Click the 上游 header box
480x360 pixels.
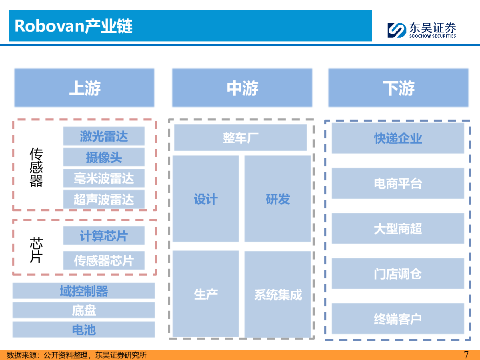tap(84, 88)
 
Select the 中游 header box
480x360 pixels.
tap(242, 88)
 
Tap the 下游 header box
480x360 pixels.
tap(398, 88)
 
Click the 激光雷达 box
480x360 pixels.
tap(104, 136)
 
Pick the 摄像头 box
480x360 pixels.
tap(104, 157)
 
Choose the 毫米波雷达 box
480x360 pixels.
tap(104, 178)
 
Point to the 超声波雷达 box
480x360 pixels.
tap(104, 199)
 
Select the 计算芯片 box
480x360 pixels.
tap(104, 236)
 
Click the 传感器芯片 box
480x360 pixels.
tap(104, 260)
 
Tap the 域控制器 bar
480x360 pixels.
tap(84, 291)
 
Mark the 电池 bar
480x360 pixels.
tap(84, 329)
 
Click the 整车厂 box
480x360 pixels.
tap(240, 138)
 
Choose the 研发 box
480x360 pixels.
tap(278, 199)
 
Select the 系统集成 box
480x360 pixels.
tap(278, 294)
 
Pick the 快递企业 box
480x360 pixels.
tap(398, 138)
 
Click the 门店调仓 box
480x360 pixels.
tap(398, 274)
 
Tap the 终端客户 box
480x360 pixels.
tap(398, 318)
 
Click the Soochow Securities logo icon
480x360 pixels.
tap(397, 30)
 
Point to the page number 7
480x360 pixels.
tap(466, 355)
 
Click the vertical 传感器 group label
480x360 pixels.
tap(36, 167)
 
